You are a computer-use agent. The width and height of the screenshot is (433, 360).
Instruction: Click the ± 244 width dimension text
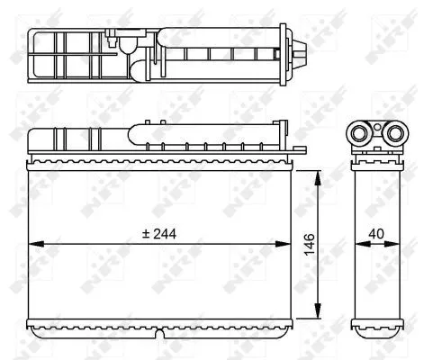160,233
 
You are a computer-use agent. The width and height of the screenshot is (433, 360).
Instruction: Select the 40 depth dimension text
376,233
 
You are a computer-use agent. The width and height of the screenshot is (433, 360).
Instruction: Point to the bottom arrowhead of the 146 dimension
318,314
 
